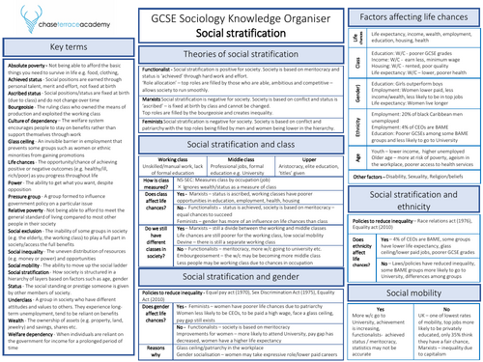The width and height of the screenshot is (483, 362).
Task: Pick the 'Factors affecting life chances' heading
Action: pyautogui.click(x=413, y=16)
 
